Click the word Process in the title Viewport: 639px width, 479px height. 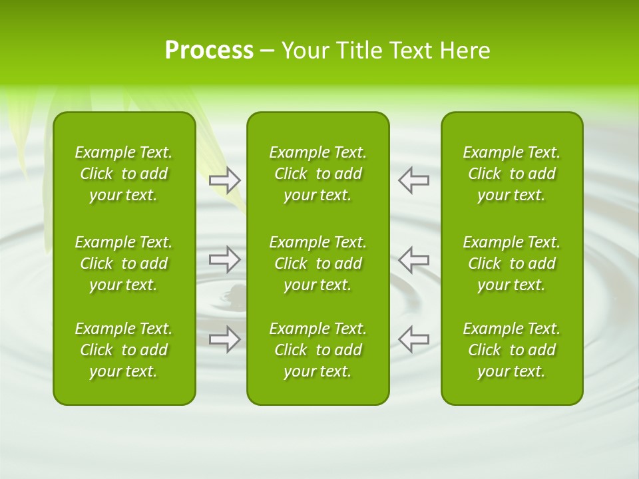click(209, 51)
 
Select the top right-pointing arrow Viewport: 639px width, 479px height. click(225, 180)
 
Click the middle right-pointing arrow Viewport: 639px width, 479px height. click(225, 259)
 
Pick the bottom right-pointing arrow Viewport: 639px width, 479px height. click(225, 339)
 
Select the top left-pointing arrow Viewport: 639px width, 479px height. click(414, 180)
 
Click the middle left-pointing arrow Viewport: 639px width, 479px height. click(414, 259)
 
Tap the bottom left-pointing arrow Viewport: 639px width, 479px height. click(414, 339)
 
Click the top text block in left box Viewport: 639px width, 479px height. click(124, 174)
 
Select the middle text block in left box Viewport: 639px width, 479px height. click(124, 263)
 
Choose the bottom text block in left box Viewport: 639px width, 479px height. click(124, 350)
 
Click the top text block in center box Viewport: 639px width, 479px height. click(318, 174)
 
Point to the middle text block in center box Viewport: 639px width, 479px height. click(318, 263)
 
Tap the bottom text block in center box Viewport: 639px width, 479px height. click(318, 350)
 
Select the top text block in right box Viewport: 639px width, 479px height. click(511, 174)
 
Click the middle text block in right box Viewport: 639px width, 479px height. click(511, 263)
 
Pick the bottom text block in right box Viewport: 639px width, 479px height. click(511, 350)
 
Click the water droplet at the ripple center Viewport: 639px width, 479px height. click(236, 293)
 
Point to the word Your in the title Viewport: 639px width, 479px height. click(307, 51)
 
